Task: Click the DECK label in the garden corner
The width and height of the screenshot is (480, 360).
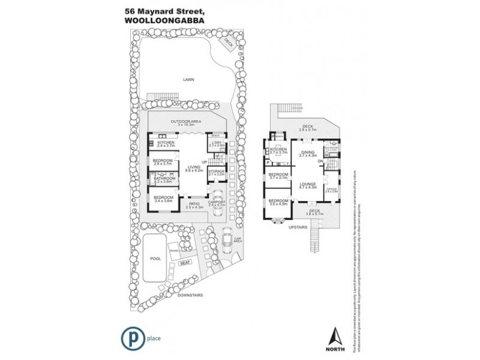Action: click(228, 42)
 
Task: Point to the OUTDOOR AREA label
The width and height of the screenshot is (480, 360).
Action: click(185, 122)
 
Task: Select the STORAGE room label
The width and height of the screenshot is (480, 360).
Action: click(217, 172)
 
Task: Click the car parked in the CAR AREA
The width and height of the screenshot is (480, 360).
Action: click(227, 241)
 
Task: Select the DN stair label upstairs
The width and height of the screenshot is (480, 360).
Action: click(321, 161)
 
